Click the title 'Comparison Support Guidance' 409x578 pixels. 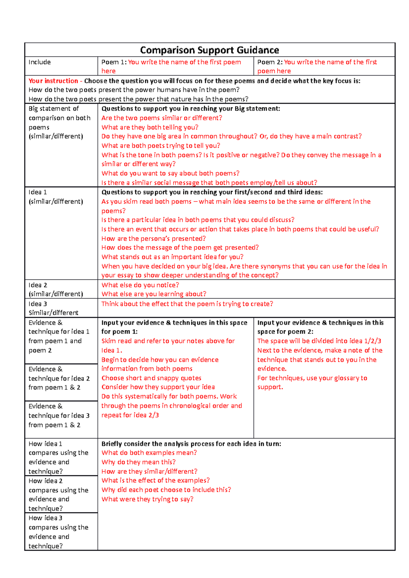click(x=209, y=50)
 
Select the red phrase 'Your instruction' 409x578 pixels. click(x=53, y=81)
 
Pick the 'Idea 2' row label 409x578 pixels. click(x=38, y=285)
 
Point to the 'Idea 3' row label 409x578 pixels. click(x=38, y=304)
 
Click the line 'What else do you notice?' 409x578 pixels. click(x=140, y=285)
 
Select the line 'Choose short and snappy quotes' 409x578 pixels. click(x=151, y=378)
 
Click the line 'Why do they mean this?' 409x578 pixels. click(x=138, y=462)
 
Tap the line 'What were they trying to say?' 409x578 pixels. click(x=147, y=499)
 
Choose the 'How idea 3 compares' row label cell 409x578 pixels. click(x=58, y=532)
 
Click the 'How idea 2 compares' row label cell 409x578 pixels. click(x=58, y=495)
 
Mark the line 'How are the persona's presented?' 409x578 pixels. click(x=153, y=239)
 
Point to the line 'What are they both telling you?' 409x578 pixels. click(x=150, y=127)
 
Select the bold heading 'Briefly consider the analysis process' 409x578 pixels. click(x=191, y=444)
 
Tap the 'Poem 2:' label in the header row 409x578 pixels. click(x=270, y=62)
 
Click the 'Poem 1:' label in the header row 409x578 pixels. click(x=114, y=62)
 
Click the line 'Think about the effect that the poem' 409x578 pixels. click(x=187, y=304)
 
